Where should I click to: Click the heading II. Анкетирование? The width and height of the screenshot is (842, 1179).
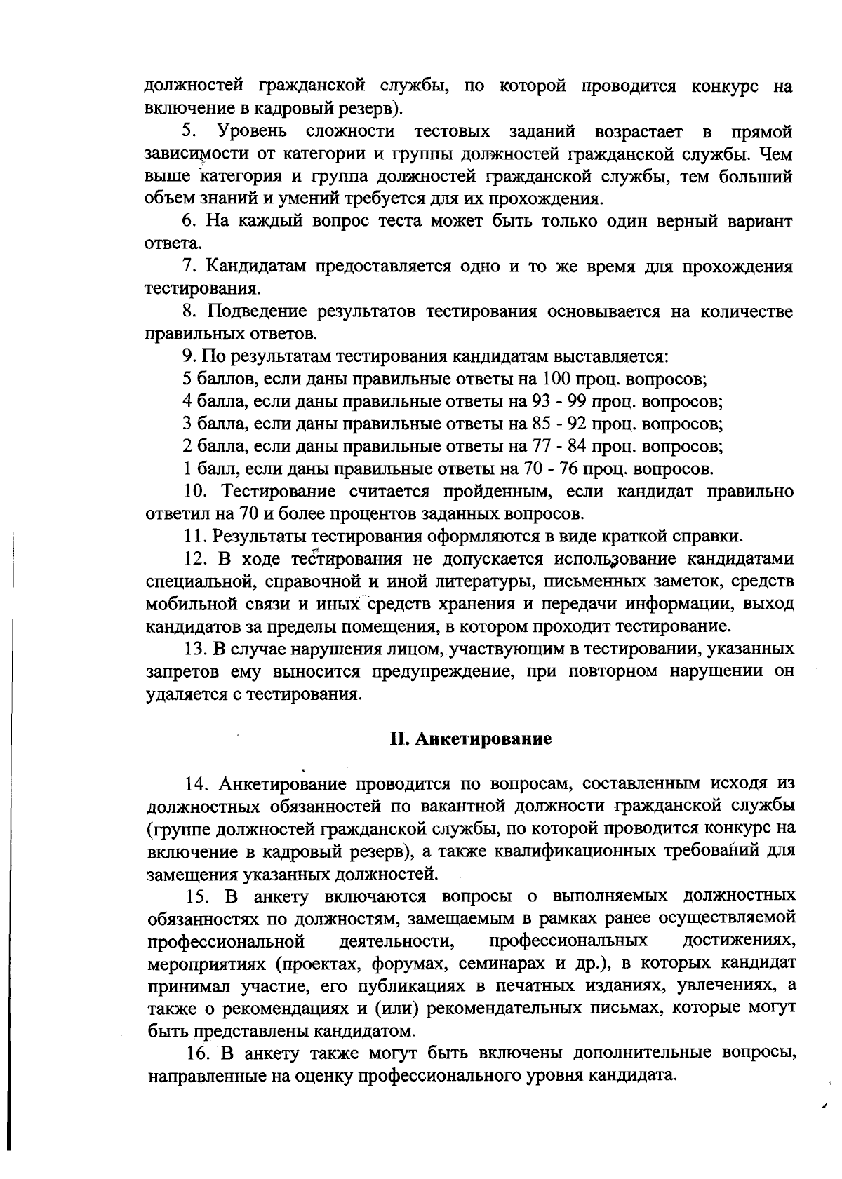tap(470, 739)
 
